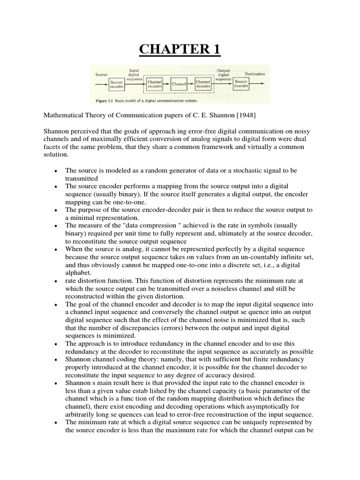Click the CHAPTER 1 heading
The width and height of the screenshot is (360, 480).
tap(180, 50)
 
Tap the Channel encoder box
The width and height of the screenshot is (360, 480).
tap(155, 84)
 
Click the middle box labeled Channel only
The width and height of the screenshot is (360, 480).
tap(179, 84)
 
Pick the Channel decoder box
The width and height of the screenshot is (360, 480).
tap(203, 84)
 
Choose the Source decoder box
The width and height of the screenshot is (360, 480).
tap(241, 84)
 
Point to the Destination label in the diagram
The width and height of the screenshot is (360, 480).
tap(255, 74)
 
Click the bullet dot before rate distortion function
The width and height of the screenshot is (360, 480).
tap(56, 281)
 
